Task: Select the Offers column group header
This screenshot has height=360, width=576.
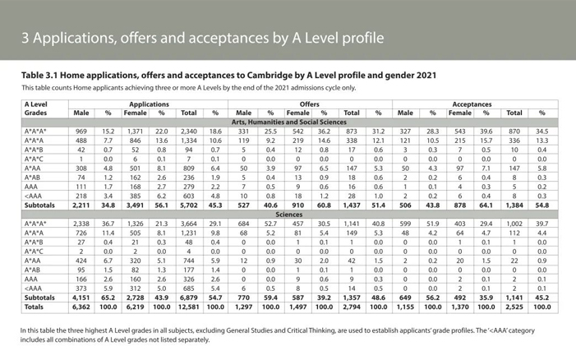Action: pyautogui.click(x=309, y=104)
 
